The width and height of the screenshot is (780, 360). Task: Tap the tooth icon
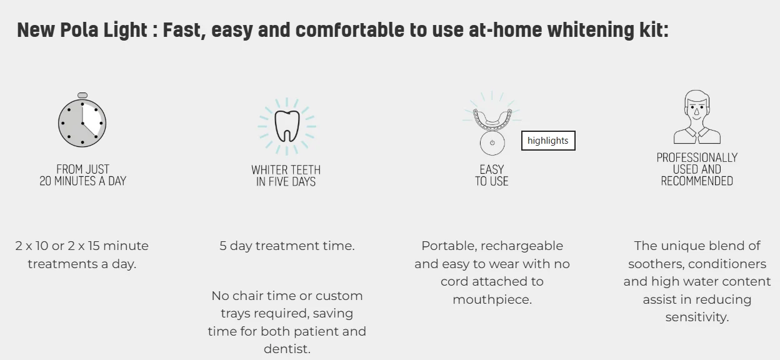pyautogui.click(x=287, y=126)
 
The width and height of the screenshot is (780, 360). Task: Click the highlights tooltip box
pyautogui.click(x=548, y=141)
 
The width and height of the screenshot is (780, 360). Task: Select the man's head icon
pyautogui.click(x=697, y=117)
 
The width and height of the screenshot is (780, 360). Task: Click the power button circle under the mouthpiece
pyautogui.click(x=492, y=142)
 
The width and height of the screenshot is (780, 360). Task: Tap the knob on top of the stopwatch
pyautogui.click(x=82, y=96)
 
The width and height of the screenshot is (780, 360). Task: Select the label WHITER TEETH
pyautogui.click(x=286, y=170)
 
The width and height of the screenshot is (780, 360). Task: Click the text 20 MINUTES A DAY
pyautogui.click(x=82, y=181)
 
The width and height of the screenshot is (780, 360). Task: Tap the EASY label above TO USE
pyautogui.click(x=492, y=169)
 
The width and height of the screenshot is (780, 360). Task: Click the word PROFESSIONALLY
pyautogui.click(x=697, y=157)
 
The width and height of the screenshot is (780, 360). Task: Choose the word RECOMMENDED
pyautogui.click(x=697, y=181)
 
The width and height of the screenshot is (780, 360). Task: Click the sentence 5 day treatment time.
pyautogui.click(x=287, y=246)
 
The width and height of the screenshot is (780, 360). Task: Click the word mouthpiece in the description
pyautogui.click(x=492, y=299)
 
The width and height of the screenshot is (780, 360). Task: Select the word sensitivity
pyautogui.click(x=697, y=317)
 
